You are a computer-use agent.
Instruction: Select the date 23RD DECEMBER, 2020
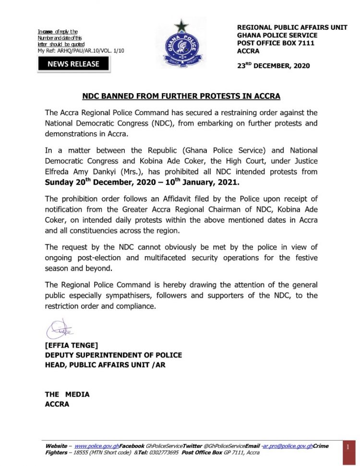click(273, 66)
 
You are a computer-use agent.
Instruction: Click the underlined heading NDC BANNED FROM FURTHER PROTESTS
click(180, 96)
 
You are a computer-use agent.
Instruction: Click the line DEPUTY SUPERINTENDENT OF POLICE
click(113, 355)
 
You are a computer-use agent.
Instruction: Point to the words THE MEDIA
click(67, 394)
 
